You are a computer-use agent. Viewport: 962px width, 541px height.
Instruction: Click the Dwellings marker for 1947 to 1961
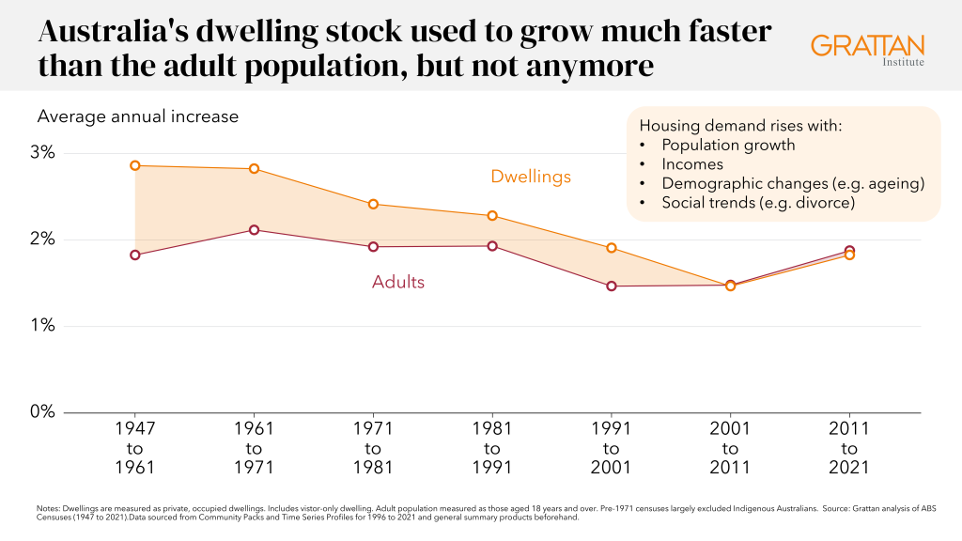[x=135, y=165]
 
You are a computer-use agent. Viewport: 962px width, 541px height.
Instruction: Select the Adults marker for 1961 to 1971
[x=254, y=230]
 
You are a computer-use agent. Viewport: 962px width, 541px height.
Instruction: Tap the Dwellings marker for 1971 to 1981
[x=373, y=204]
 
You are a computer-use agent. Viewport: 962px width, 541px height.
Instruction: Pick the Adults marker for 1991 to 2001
[x=612, y=286]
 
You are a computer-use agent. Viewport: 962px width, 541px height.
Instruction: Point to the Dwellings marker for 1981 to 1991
[x=492, y=216]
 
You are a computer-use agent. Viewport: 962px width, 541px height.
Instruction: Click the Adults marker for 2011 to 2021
[x=849, y=251]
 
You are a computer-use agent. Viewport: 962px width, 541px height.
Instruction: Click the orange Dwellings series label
[x=531, y=177]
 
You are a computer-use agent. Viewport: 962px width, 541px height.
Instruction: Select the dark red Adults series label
[x=398, y=282]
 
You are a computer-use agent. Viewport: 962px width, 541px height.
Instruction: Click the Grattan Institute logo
[x=867, y=51]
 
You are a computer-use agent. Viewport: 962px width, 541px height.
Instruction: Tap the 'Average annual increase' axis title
[x=137, y=117]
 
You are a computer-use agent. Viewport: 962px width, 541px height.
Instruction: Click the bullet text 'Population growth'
[x=728, y=146]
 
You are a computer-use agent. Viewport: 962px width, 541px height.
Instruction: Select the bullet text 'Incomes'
[x=692, y=164]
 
